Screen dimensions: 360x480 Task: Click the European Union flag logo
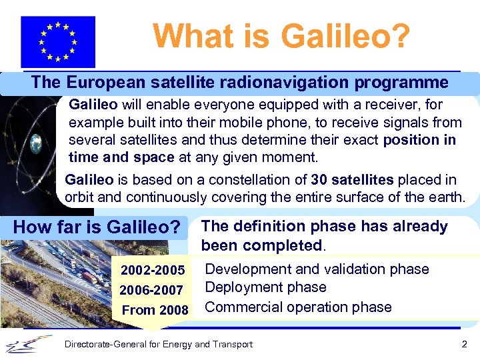pyautogui.click(x=58, y=41)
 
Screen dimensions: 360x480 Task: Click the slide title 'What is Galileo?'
pyautogui.click(x=281, y=36)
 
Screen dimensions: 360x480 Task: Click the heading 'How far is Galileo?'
pyautogui.click(x=97, y=227)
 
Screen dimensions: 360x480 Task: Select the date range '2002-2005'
pyautogui.click(x=153, y=270)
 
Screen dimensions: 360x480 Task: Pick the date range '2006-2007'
pyautogui.click(x=151, y=290)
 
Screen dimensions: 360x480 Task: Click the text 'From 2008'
pyautogui.click(x=155, y=310)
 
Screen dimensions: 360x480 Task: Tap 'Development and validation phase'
pyautogui.click(x=317, y=269)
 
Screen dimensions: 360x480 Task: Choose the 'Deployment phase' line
pyautogui.click(x=265, y=287)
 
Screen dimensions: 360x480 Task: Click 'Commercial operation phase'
pyautogui.click(x=298, y=307)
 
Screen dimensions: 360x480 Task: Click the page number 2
pyautogui.click(x=465, y=344)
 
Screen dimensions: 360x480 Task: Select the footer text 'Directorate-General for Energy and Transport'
pyautogui.click(x=158, y=344)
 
